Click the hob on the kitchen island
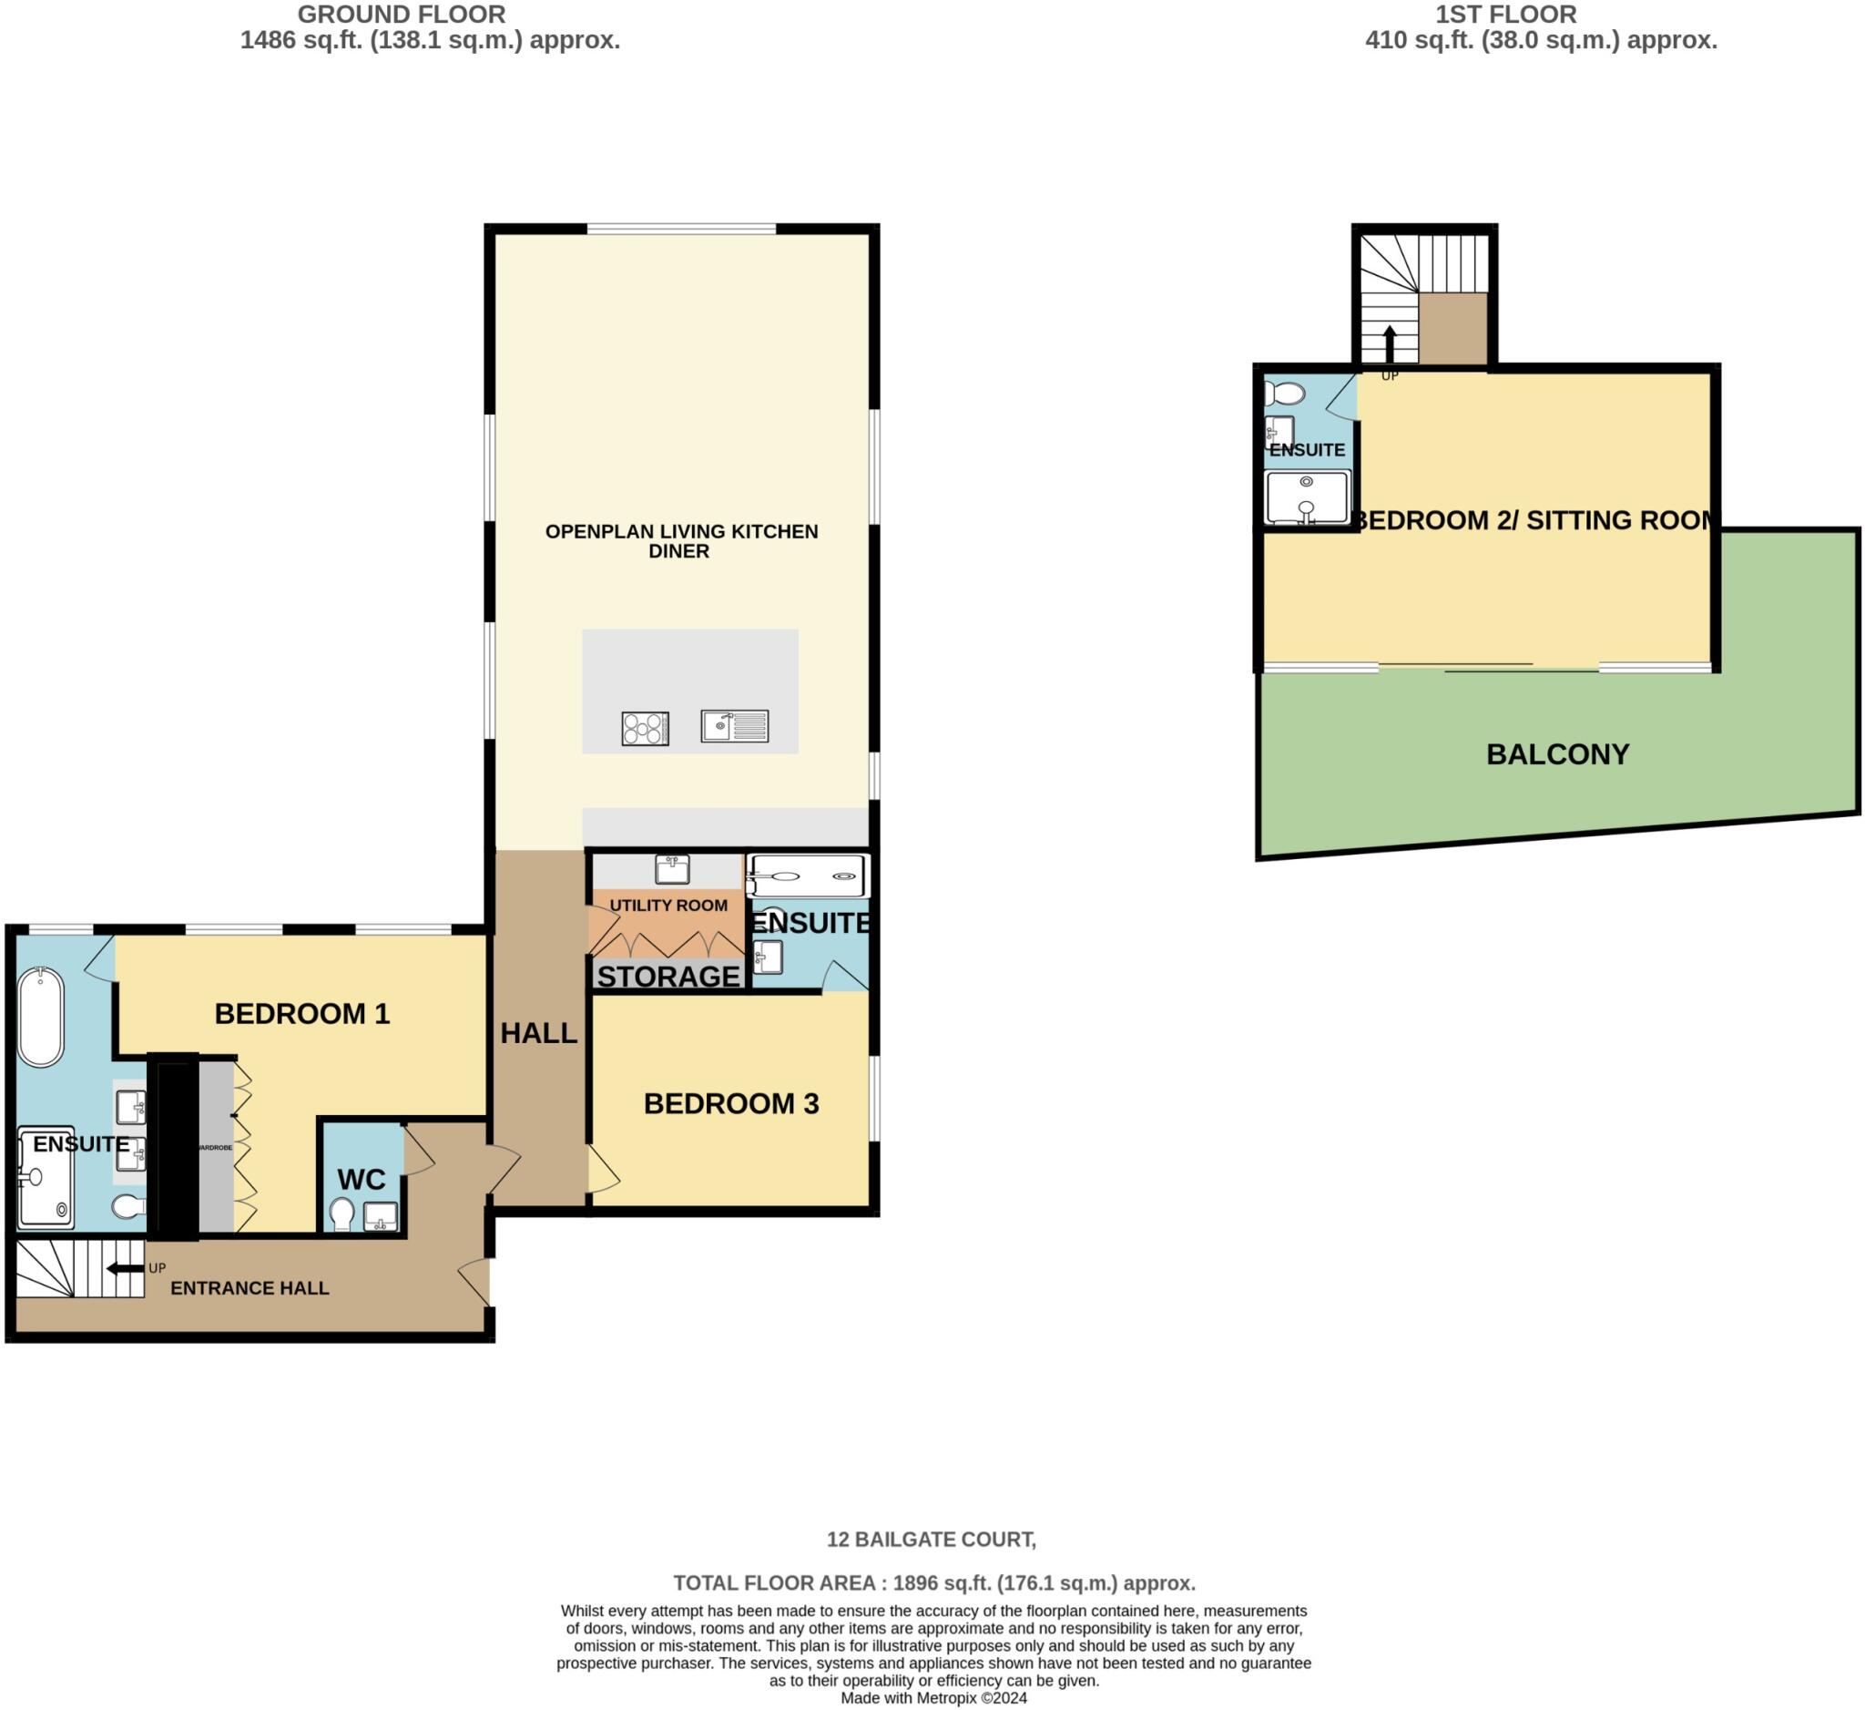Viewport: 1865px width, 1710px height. [645, 728]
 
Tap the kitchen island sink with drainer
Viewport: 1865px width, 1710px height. [735, 725]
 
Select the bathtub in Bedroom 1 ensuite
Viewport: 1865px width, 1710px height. [41, 1017]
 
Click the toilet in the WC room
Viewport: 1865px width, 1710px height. [342, 1213]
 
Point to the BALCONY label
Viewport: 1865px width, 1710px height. [1557, 754]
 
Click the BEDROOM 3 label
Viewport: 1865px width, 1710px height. [731, 1103]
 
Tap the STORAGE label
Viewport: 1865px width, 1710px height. [668, 977]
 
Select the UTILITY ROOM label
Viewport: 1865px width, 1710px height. [668, 905]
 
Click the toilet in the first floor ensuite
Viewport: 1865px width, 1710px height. [1284, 394]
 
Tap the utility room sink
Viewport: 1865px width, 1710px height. [673, 870]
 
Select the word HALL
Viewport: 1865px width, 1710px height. [538, 1033]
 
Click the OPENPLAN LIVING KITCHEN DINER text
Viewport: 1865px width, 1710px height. [681, 540]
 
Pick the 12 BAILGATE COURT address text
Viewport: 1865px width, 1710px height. [931, 1539]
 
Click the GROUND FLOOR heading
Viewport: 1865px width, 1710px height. [402, 15]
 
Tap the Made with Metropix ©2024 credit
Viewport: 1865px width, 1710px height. [932, 1698]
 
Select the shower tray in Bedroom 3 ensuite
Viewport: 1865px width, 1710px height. [807, 875]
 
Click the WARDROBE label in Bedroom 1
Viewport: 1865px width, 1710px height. [216, 1147]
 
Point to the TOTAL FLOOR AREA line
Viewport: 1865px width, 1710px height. [932, 1582]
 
